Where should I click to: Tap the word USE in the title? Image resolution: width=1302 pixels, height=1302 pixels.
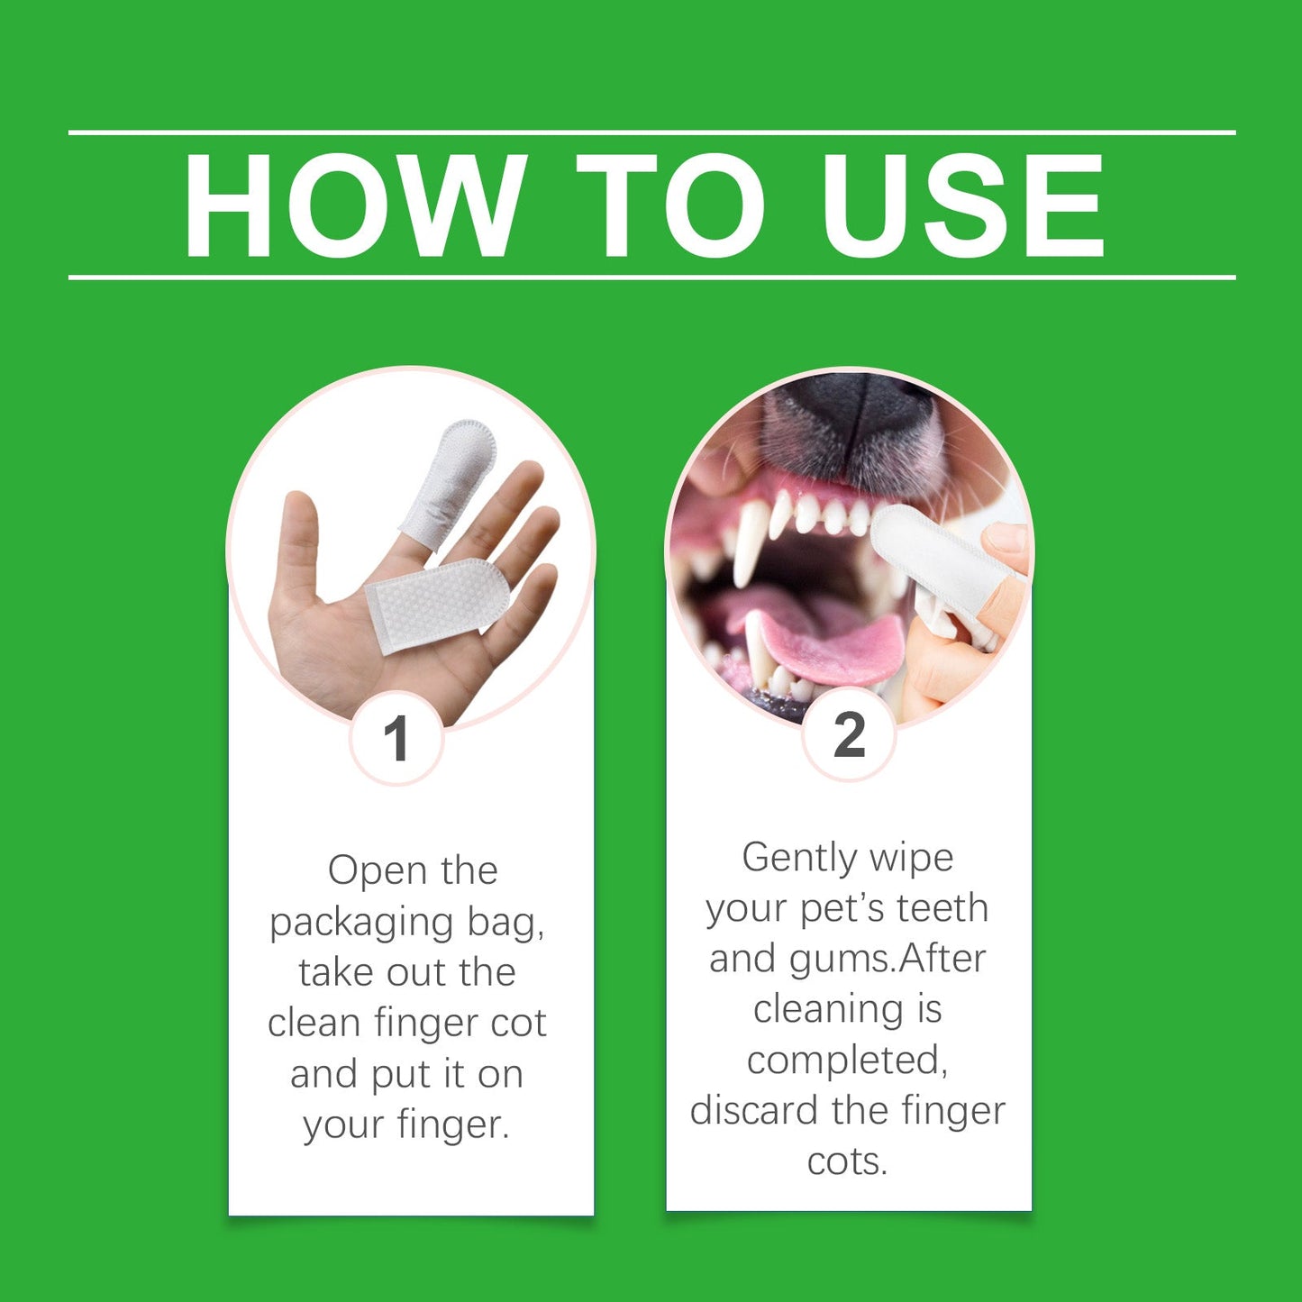click(961, 206)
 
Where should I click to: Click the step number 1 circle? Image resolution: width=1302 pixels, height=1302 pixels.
click(396, 739)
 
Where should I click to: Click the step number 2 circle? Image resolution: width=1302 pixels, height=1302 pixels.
click(849, 734)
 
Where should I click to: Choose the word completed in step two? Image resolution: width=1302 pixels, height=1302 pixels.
click(847, 1061)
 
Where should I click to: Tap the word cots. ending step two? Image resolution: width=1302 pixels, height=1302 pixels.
click(847, 1161)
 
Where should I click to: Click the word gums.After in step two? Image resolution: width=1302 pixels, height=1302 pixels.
click(888, 960)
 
